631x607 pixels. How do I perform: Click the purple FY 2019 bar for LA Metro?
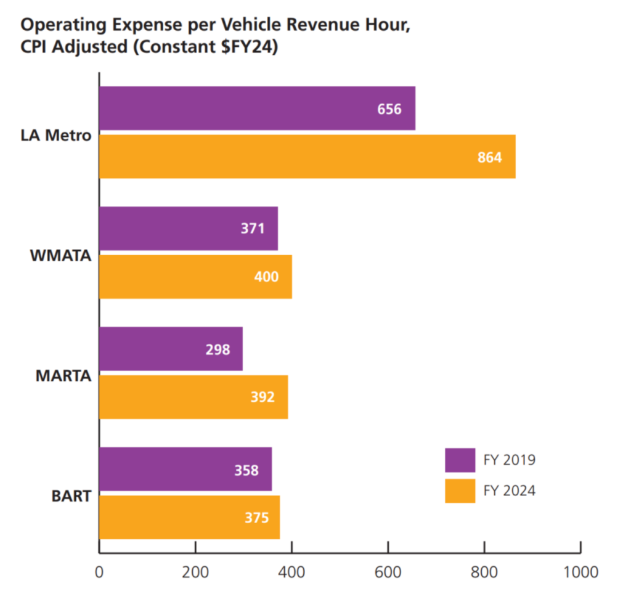[x=257, y=108]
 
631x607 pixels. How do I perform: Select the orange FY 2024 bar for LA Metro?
[x=307, y=157]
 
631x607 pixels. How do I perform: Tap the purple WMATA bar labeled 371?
[x=189, y=229]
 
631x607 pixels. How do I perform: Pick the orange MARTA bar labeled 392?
[x=193, y=397]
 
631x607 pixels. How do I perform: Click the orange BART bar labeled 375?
[x=190, y=517]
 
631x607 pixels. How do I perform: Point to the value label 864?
[x=490, y=157]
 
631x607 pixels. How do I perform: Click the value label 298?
[x=218, y=350]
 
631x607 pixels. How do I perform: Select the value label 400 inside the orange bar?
[x=266, y=277]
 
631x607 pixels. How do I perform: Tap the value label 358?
[x=246, y=470]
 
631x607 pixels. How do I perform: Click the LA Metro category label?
[x=56, y=135]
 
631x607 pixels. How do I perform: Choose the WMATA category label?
[x=61, y=256]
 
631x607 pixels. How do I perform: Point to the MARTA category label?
[x=63, y=375]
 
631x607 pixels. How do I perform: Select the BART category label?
[x=71, y=496]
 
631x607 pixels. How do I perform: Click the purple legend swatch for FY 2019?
[x=460, y=460]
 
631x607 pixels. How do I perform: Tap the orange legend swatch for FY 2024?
[x=460, y=491]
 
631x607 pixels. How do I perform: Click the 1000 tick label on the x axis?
[x=580, y=572]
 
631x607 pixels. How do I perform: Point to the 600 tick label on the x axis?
[x=388, y=572]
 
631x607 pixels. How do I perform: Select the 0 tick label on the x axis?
[x=99, y=572]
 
